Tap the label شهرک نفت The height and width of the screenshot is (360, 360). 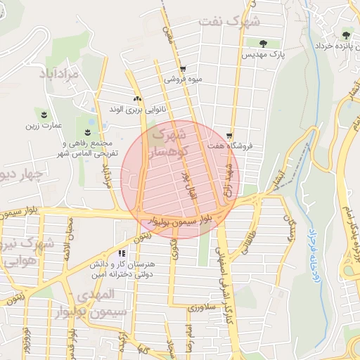pos(228,21)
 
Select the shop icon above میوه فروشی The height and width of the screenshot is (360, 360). pos(184,69)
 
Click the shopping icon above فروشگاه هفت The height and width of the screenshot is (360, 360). pos(230,136)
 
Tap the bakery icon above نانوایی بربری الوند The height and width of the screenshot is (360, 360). pos(137,99)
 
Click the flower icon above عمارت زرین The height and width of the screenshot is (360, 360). pos(44,114)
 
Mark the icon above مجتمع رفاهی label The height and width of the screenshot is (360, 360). pos(88,132)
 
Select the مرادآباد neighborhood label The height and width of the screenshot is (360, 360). pos(67,72)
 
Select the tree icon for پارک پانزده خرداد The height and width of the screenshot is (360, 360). pos(345,33)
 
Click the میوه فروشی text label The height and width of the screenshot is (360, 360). pos(184,79)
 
